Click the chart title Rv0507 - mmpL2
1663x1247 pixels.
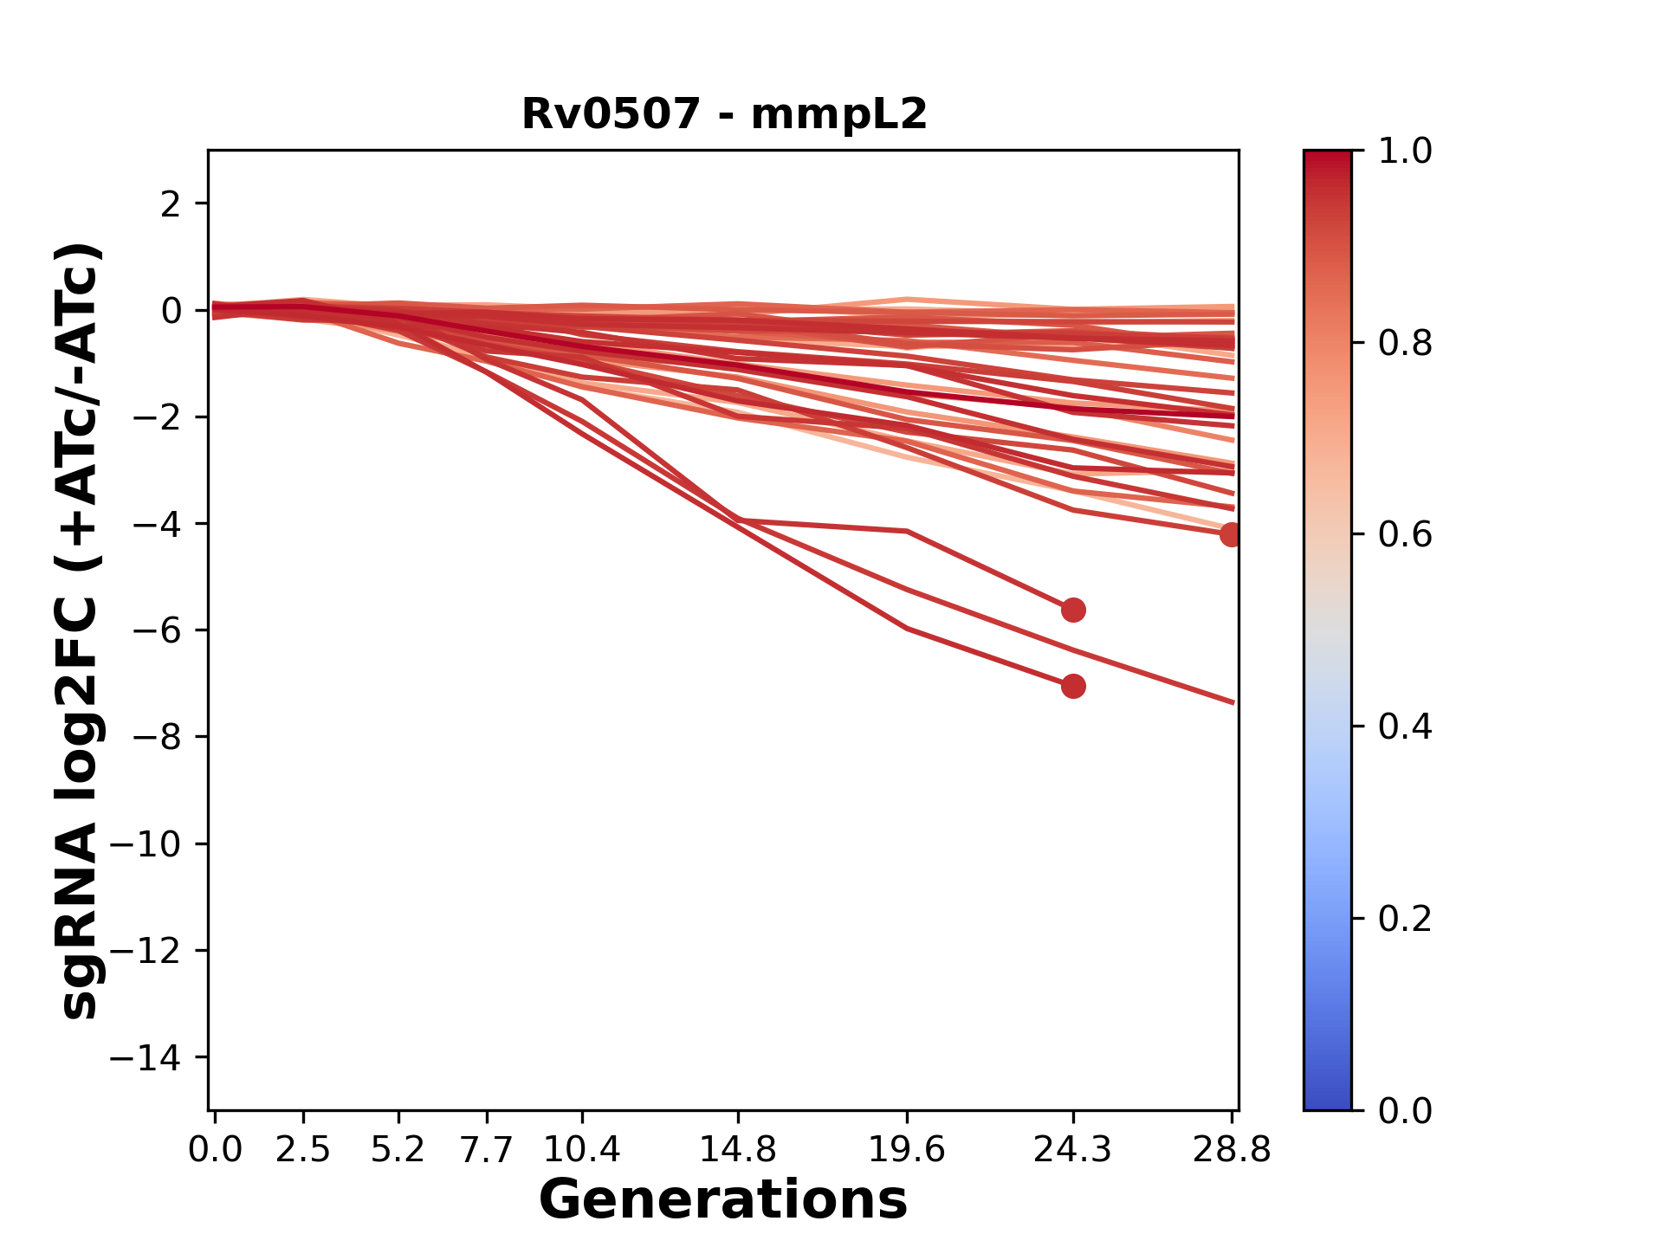[724, 114]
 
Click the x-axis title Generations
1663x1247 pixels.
[723, 1200]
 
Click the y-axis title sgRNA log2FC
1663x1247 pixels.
[80, 630]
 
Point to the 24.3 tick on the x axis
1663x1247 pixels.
[1072, 1150]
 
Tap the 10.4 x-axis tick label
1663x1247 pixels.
[582, 1150]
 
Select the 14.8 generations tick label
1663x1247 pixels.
[737, 1150]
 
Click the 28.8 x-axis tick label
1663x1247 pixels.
[1232, 1150]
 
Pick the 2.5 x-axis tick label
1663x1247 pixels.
[303, 1150]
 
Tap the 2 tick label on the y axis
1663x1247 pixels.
[171, 204]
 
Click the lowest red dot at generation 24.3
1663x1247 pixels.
[1073, 687]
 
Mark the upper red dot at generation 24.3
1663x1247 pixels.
[1073, 611]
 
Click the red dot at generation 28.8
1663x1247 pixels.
[1231, 535]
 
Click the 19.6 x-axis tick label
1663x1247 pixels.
[907, 1150]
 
